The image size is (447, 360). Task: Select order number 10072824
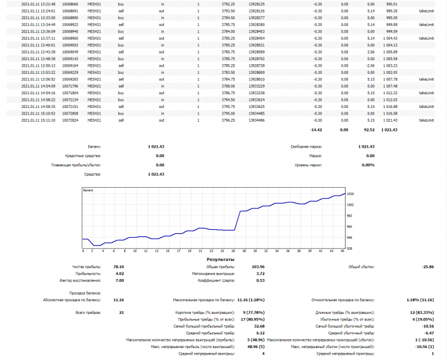(70, 119)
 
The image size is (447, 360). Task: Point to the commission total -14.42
(314, 130)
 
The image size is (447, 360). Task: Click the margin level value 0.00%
(368, 164)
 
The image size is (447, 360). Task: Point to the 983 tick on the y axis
(350, 216)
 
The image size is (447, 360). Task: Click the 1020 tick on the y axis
(350, 194)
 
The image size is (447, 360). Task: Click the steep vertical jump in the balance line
(239, 220)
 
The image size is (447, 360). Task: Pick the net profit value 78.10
(118, 266)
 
